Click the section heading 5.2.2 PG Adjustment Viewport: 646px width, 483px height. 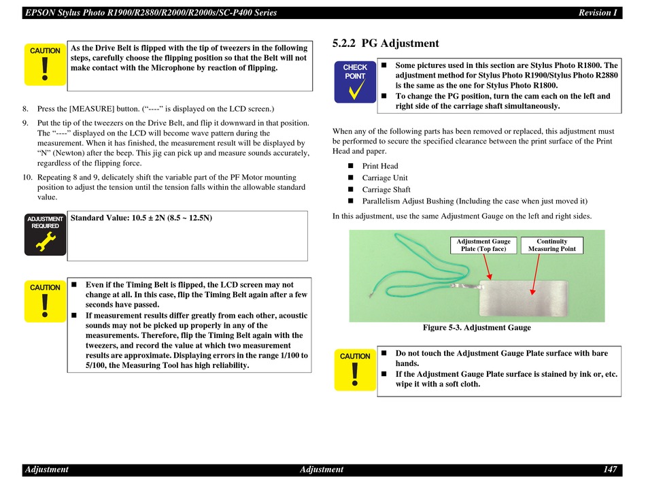[386, 44]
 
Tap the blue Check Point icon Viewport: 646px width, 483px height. [355, 82]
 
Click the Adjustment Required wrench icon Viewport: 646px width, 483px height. [45, 235]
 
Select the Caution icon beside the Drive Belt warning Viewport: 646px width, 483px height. [45, 65]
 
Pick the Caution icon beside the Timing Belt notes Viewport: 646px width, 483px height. [45, 301]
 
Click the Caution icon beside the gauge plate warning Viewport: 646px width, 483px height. [355, 369]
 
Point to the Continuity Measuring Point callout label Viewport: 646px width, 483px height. [551, 245]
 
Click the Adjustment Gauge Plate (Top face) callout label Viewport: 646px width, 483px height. [483, 245]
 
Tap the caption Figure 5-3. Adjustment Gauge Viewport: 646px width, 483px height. [477, 328]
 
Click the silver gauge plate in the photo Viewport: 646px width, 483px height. [523, 299]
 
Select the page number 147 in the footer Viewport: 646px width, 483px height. [610, 469]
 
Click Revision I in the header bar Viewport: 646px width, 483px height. [598, 13]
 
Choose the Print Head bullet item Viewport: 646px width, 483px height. [380, 166]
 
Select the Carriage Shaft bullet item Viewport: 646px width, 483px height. [386, 190]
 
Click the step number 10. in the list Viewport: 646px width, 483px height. [28, 177]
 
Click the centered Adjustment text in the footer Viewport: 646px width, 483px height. [322, 469]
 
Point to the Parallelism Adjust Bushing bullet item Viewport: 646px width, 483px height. [475, 201]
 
